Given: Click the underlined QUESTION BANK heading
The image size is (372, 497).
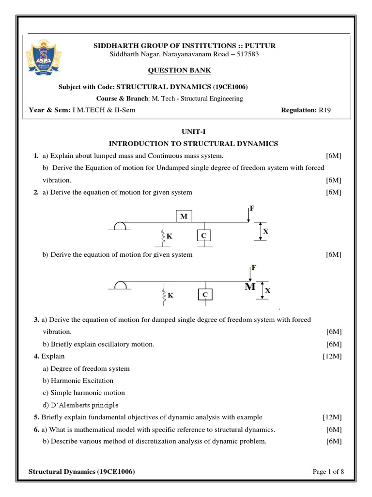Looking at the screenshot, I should (186, 70).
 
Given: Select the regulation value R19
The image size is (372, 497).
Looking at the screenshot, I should (325, 110).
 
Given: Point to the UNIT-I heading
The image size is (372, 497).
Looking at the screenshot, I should (186, 131).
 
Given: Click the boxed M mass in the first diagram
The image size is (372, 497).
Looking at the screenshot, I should (184, 216).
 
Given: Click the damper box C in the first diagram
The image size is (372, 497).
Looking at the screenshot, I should (204, 235).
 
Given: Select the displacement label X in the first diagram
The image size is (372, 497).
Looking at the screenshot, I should (265, 232).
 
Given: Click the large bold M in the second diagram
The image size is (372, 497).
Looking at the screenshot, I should (250, 287).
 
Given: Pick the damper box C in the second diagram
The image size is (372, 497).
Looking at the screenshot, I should (205, 295).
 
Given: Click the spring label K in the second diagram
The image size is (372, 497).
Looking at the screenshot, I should (170, 295).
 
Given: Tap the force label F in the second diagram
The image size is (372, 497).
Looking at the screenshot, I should (253, 268).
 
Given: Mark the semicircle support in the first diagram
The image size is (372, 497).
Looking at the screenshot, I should (119, 226).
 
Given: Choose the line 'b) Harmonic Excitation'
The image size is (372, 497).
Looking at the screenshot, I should (78, 381).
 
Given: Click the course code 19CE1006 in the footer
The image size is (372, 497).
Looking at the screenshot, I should (115, 471).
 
